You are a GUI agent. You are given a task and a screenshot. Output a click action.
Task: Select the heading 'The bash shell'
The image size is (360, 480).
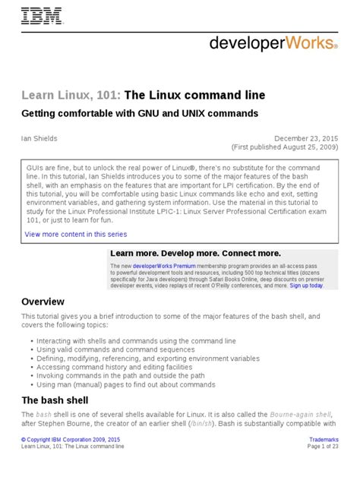click(55, 400)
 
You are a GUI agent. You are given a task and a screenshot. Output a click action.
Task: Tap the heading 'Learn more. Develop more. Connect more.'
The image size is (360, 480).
click(195, 253)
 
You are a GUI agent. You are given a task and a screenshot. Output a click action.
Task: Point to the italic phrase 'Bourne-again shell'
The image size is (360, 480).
click(297, 416)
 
